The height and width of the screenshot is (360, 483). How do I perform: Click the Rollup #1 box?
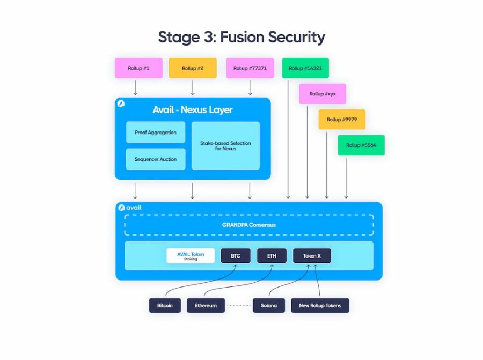pos(138,68)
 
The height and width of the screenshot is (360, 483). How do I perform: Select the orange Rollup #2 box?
pos(193,68)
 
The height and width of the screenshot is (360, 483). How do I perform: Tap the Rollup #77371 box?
pos(250,68)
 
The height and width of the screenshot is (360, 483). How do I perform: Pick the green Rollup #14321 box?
pos(305,68)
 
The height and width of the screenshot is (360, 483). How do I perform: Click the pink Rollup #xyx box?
pos(323,93)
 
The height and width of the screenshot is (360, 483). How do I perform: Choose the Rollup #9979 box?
pos(342,119)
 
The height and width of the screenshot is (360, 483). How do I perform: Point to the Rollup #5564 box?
pos(361,145)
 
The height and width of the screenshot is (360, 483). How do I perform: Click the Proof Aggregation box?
pos(156,133)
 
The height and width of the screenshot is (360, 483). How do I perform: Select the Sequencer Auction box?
pos(156,159)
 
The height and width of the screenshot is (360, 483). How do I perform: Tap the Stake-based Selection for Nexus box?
pos(225,145)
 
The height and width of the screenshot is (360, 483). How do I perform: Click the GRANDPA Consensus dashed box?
pos(249,215)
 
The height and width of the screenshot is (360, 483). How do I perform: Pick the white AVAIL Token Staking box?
pos(191,256)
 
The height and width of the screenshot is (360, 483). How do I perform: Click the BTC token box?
pos(236,256)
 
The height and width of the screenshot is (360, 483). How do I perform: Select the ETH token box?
pos(272,256)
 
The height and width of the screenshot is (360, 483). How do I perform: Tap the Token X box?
pos(312,256)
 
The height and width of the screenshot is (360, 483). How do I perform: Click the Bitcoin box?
pos(165,305)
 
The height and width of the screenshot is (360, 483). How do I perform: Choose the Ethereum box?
pos(206,305)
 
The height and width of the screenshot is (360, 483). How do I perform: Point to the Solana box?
pos(269,305)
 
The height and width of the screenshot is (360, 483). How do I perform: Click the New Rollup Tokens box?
pos(320,305)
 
